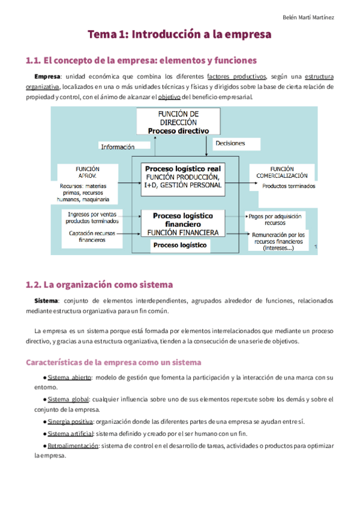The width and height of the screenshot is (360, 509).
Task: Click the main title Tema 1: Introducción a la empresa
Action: tap(179, 35)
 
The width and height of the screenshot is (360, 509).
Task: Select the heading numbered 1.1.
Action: tap(141, 61)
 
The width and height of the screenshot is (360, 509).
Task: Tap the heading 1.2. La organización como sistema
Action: tap(99, 285)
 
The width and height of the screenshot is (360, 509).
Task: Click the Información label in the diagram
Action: tap(118, 146)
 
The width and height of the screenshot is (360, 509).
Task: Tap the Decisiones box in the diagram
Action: tap(230, 144)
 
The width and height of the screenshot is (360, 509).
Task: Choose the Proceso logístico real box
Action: tap(184, 177)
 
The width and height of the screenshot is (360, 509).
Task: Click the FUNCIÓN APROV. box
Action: tap(88, 173)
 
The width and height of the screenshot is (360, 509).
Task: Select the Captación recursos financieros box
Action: tap(92, 236)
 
